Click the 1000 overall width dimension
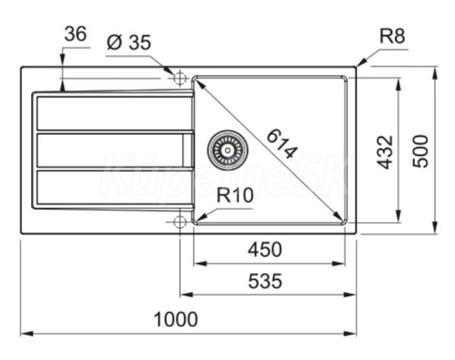176,319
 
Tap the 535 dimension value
265,281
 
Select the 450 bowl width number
265,249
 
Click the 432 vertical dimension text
384,152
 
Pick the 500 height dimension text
420,151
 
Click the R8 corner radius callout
392,36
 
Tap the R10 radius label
235,195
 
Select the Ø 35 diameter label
129,42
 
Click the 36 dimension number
75,33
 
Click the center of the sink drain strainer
227,150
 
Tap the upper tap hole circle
180,78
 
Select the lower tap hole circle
180,222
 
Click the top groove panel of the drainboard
115,113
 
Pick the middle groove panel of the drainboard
115,150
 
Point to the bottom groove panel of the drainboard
115,187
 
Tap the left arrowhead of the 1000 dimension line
27,333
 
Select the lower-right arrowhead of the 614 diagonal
339,217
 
